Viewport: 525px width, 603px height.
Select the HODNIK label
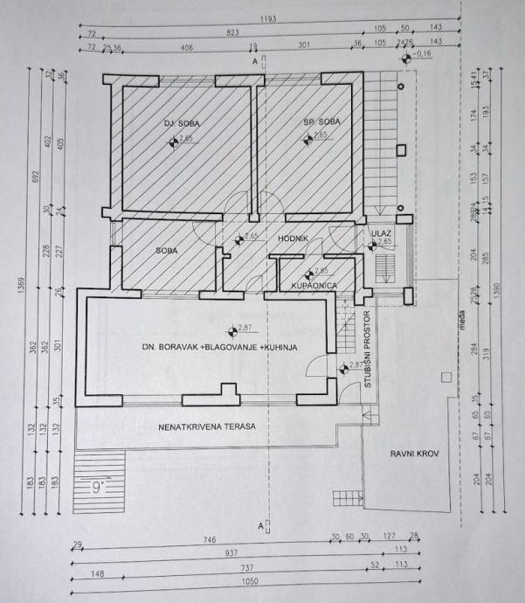(290, 238)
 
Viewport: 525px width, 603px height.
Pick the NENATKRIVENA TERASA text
(207, 427)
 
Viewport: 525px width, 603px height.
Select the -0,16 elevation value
(425, 53)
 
